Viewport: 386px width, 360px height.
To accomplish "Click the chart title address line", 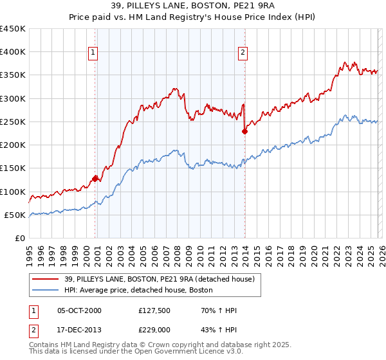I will point(192,6).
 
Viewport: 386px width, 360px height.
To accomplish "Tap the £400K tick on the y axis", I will point(13,52).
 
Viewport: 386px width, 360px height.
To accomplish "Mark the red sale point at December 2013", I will point(244,132).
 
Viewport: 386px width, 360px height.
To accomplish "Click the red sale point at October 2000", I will point(95,179).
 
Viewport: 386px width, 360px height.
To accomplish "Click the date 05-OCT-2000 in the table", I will point(79,310).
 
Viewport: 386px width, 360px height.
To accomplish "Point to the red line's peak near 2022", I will point(345,62).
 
